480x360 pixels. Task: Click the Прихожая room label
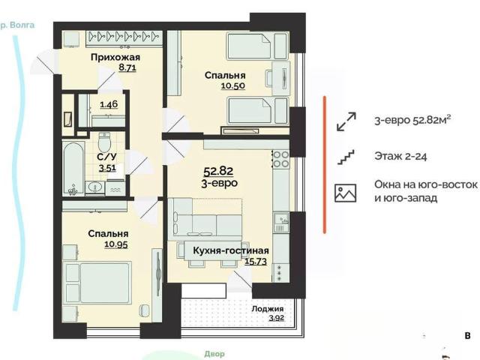115,57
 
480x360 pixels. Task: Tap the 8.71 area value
127,67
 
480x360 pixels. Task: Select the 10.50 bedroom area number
233,85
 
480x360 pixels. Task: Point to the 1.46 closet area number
109,104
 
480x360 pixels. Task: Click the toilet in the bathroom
104,142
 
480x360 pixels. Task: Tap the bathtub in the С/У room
73,168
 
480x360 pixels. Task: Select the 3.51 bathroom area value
107,168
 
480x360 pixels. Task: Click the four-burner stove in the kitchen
281,159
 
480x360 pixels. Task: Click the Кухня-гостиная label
231,250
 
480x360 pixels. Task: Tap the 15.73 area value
256,261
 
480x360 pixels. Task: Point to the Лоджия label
268,308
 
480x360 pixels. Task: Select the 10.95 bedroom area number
116,244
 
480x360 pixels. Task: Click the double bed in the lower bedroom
97,282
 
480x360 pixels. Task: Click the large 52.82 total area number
218,171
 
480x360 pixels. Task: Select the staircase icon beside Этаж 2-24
346,157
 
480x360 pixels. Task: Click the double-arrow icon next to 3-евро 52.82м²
346,121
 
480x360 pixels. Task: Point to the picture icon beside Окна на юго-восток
346,193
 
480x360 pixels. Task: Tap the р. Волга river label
17,25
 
